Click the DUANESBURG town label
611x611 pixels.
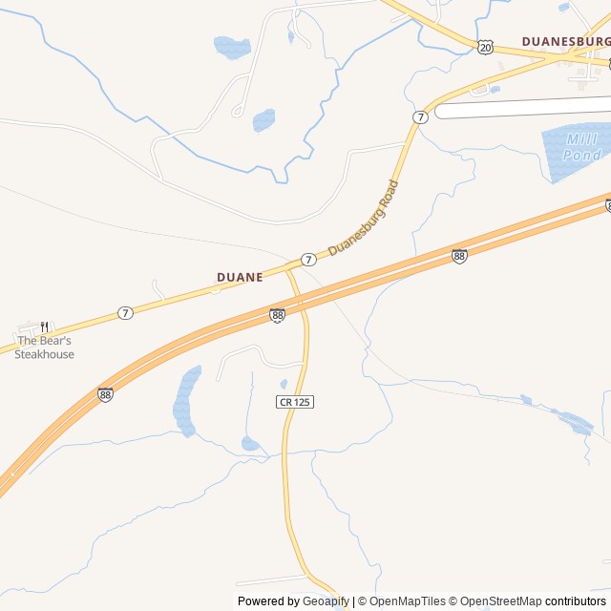click(x=565, y=42)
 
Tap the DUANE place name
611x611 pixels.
click(x=240, y=277)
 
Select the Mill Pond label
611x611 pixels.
click(x=581, y=147)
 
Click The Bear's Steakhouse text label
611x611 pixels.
click(x=44, y=348)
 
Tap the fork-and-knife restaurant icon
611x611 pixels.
click(x=44, y=327)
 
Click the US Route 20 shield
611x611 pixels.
click(x=487, y=47)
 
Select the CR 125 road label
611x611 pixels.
click(x=296, y=402)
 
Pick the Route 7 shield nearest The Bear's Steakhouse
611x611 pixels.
click(x=125, y=312)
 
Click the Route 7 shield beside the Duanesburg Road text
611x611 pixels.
click(x=308, y=260)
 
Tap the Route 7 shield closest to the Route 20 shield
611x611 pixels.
click(x=420, y=116)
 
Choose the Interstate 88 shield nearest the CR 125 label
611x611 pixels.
click(x=277, y=315)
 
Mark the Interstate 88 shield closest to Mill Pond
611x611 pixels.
click(x=459, y=256)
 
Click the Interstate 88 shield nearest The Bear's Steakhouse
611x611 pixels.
click(x=105, y=393)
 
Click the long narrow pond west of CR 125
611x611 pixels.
click(x=186, y=401)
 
